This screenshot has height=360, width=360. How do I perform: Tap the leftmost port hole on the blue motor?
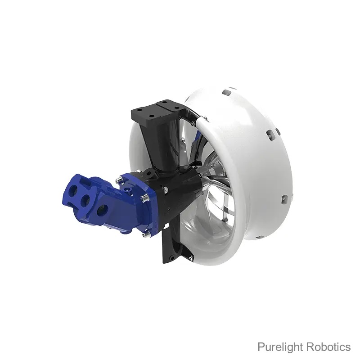click(x=73, y=189)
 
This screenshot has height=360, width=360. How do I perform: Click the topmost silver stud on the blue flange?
click(x=119, y=179)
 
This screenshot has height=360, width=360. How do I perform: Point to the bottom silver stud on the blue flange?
click(x=147, y=234)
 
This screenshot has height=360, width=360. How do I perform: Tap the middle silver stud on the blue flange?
click(x=144, y=198)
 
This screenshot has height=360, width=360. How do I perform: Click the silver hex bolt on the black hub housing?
click(x=165, y=189)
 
